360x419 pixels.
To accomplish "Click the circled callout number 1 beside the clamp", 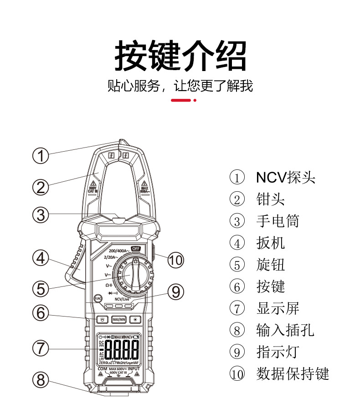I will [41, 156].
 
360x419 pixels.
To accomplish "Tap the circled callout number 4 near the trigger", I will [41, 258].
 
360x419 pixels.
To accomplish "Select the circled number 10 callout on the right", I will [175, 260].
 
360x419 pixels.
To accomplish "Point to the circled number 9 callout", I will [175, 292].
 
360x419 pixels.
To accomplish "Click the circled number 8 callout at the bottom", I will [41, 379].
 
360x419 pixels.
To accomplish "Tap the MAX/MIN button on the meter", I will [119, 319].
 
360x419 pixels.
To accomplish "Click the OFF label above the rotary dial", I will [135, 249].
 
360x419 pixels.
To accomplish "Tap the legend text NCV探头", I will [285, 177].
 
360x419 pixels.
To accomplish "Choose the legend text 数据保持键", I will [292, 374].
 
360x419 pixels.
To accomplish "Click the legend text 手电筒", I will [278, 221].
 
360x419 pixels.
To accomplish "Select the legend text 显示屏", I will [278, 308].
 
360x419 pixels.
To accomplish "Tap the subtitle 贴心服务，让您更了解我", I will [180, 85].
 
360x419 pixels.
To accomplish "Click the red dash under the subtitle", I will [180, 100].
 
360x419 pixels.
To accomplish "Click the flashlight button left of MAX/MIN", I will [103, 319].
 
